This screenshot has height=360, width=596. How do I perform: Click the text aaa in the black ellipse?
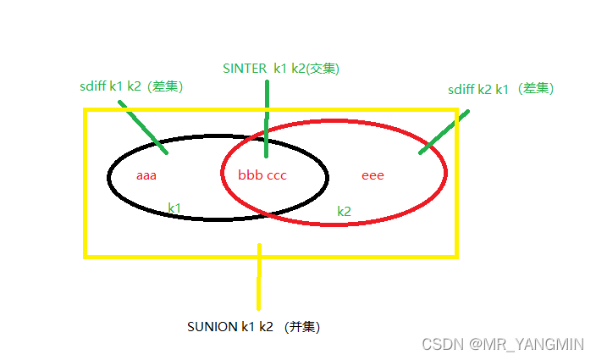pyautogui.click(x=147, y=176)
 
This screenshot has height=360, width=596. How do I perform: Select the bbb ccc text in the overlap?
pyautogui.click(x=262, y=175)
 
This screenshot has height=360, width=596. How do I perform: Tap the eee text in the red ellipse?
pyautogui.click(x=372, y=175)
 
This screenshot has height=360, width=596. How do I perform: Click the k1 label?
pyautogui.click(x=174, y=207)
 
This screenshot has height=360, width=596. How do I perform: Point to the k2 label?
pyautogui.click(x=344, y=211)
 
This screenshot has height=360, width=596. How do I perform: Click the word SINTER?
pyautogui.click(x=242, y=69)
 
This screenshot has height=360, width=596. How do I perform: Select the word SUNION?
pyautogui.click(x=210, y=326)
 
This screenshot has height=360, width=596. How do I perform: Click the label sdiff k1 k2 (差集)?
pyautogui.click(x=130, y=86)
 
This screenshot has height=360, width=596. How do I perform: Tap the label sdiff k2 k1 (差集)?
pyautogui.click(x=501, y=89)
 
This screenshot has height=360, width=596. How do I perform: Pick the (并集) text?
pyautogui.click(x=302, y=326)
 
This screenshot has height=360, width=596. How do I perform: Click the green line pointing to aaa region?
pyautogui.click(x=143, y=128)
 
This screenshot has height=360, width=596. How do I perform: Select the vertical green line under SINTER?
pyautogui.click(x=267, y=119)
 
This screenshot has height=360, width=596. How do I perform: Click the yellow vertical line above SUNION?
pyautogui.click(x=259, y=278)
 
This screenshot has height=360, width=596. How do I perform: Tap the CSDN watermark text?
pyautogui.click(x=441, y=344)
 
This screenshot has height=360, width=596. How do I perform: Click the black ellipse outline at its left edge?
pyautogui.click(x=109, y=177)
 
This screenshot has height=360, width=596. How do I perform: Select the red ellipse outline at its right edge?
pyautogui.click(x=445, y=174)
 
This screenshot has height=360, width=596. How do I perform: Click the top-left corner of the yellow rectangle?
pyautogui.click(x=86, y=110)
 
